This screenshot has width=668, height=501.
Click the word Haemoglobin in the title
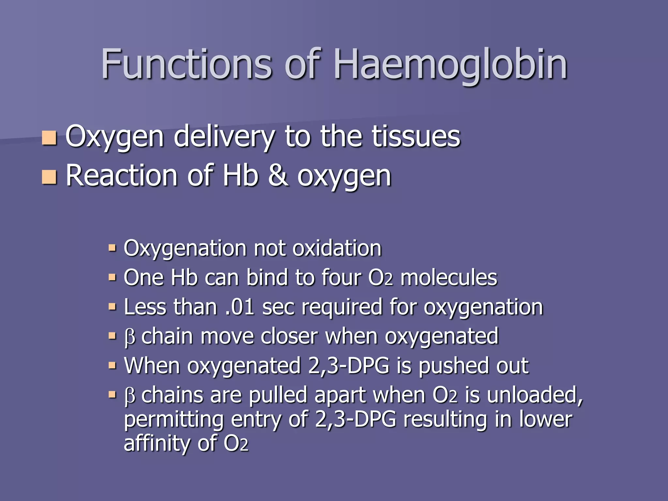point(450,64)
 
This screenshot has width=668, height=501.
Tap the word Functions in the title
point(186,64)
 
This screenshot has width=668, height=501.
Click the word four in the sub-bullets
point(341,278)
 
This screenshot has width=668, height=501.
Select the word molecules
point(448,278)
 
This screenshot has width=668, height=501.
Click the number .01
point(240,307)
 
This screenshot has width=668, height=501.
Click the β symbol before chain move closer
point(129,337)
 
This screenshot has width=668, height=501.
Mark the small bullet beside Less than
point(112,307)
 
